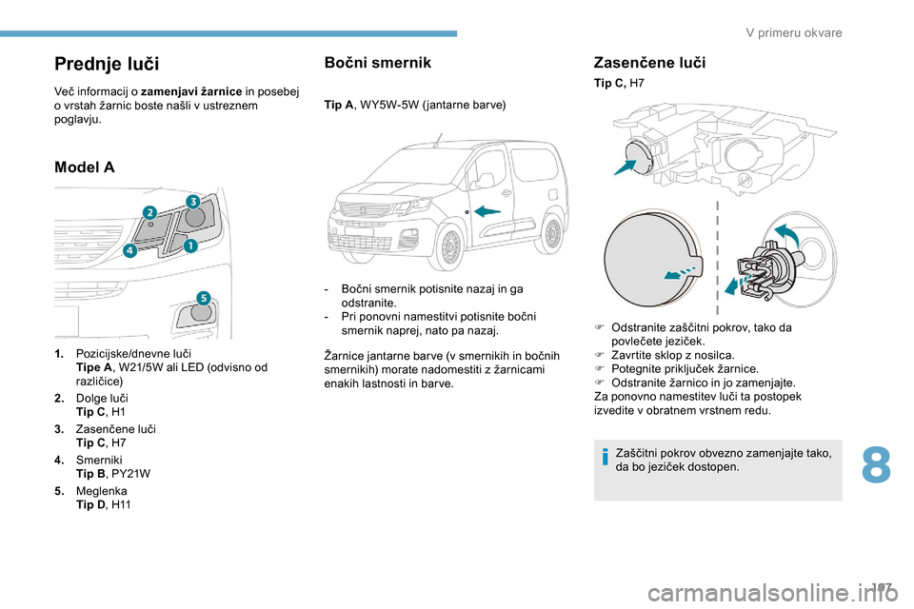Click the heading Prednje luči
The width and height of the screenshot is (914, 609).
pyautogui.click(x=107, y=64)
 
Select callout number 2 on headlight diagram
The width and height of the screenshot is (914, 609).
pyautogui.click(x=149, y=210)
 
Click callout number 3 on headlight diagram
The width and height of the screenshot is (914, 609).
pyautogui.click(x=191, y=202)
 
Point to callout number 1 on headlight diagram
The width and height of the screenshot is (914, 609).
pyautogui.click(x=189, y=246)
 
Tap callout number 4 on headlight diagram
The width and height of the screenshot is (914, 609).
pyautogui.click(x=129, y=250)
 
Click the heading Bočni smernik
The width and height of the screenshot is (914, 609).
pyautogui.click(x=377, y=62)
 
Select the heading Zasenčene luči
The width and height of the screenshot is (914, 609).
pyautogui.click(x=649, y=62)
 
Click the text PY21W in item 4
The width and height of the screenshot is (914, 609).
pyautogui.click(x=130, y=473)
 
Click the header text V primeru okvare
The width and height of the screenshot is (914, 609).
pyautogui.click(x=794, y=33)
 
